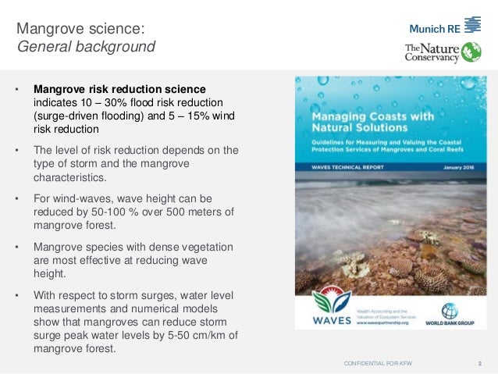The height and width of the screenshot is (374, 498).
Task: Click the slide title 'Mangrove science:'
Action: point(80,29)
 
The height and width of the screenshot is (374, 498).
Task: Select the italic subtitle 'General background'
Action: point(87,47)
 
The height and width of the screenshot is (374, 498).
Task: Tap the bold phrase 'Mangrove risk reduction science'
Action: point(119,89)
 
